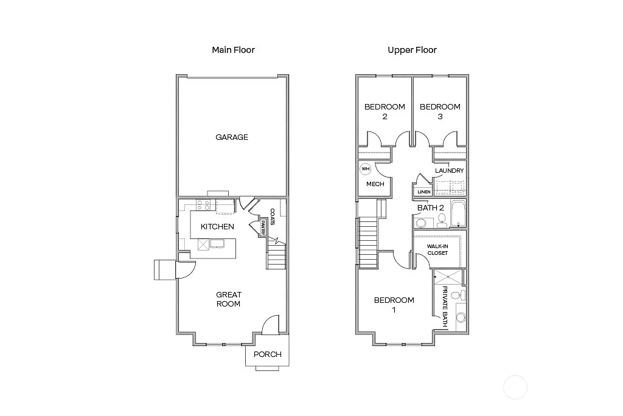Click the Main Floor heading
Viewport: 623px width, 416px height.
click(x=233, y=50)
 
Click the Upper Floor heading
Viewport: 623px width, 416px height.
click(x=412, y=50)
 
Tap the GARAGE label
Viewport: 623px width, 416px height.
click(x=232, y=137)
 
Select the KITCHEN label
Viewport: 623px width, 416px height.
click(x=217, y=227)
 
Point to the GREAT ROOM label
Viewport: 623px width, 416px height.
click(x=229, y=299)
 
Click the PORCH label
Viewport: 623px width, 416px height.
click(x=268, y=355)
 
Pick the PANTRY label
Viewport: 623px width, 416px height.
click(x=262, y=229)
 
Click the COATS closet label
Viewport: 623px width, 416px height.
click(x=272, y=217)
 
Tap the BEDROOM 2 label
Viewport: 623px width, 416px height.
click(x=385, y=111)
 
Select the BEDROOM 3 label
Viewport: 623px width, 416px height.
click(x=440, y=111)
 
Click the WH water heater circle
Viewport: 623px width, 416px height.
click(x=366, y=169)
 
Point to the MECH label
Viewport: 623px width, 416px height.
click(x=375, y=184)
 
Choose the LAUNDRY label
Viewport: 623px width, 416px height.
click(x=450, y=171)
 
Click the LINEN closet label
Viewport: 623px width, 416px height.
click(x=424, y=192)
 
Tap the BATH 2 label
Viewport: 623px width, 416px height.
click(x=431, y=207)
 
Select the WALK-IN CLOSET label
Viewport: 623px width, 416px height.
click(x=437, y=249)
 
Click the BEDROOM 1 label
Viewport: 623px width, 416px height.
click(x=394, y=305)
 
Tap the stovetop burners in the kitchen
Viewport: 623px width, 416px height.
click(x=204, y=206)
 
